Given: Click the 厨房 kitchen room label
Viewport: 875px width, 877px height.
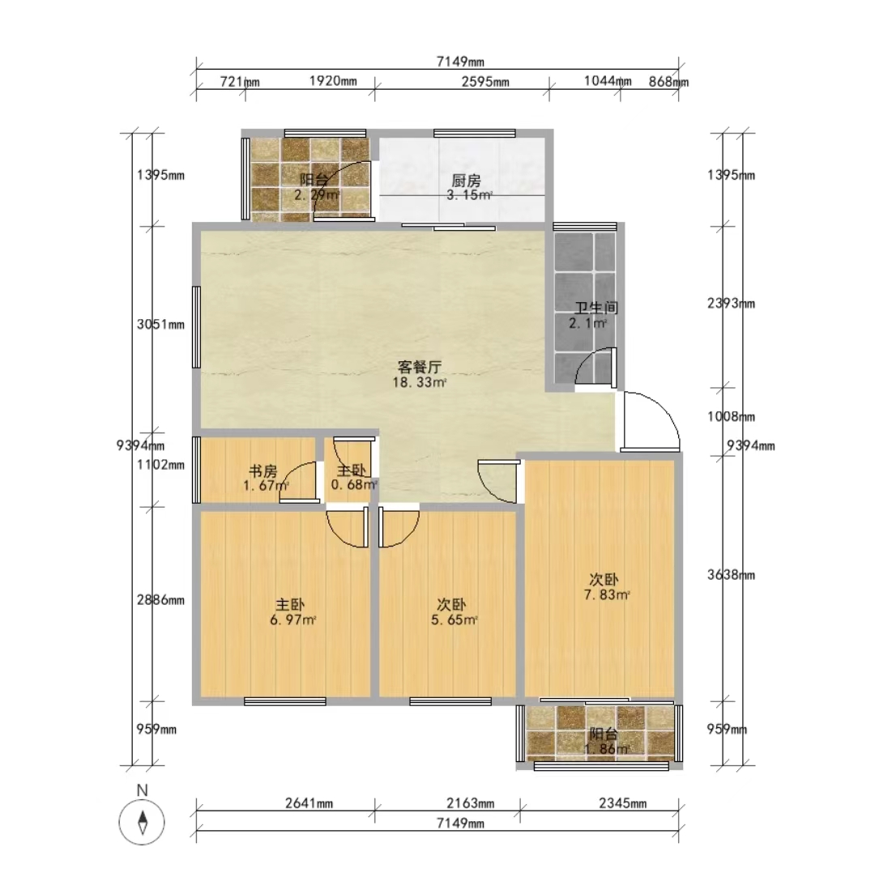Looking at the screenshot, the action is click(x=466, y=181).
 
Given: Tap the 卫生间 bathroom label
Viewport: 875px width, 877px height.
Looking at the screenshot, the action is click(x=596, y=308).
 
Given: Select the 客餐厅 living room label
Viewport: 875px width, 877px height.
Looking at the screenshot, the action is click(x=420, y=367).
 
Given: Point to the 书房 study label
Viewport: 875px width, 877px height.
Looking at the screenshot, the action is click(x=263, y=471).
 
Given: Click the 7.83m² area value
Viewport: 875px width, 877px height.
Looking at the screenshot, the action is click(x=607, y=594).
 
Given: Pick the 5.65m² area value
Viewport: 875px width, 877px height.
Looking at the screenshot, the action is click(x=455, y=619).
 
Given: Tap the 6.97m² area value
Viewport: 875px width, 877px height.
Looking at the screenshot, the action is click(x=293, y=619).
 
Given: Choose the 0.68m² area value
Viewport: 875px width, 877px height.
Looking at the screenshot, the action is click(x=354, y=485).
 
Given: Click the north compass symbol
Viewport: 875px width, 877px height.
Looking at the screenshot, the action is click(x=142, y=822).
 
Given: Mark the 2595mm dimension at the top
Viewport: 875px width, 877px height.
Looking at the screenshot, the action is click(x=485, y=82).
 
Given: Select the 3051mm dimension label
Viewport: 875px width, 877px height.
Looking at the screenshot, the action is click(x=160, y=325).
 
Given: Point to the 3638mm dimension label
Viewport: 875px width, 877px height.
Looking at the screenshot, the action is click(x=732, y=575).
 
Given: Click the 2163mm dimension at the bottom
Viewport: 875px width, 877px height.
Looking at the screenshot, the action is click(x=471, y=804).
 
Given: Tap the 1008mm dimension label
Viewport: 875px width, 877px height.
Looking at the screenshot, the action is click(x=732, y=417).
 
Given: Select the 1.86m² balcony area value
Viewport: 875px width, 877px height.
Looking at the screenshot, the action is click(x=607, y=748).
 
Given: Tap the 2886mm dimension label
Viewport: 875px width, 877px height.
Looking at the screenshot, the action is click(x=160, y=600).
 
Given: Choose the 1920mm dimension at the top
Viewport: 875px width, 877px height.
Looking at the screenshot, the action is click(x=333, y=81).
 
